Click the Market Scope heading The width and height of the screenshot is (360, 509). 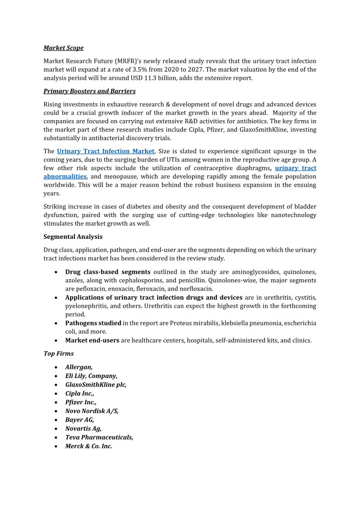click(x=63, y=48)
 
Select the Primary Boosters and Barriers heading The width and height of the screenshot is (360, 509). click(x=89, y=91)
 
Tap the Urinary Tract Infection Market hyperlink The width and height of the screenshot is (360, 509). click(x=106, y=151)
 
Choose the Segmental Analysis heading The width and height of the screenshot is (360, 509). click(x=73, y=237)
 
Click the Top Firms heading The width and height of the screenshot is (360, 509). click(x=58, y=353)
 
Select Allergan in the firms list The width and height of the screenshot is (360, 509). click(x=79, y=367)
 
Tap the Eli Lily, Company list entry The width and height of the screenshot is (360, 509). click(x=91, y=376)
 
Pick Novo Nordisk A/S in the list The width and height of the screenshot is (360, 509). click(x=92, y=411)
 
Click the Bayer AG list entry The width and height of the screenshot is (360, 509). click(x=80, y=420)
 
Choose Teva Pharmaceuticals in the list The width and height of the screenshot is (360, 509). click(x=99, y=437)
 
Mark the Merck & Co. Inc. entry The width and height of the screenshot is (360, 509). click(x=88, y=446)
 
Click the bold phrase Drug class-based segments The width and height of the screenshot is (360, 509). click(x=107, y=272)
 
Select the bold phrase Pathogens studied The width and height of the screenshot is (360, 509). click(x=93, y=323)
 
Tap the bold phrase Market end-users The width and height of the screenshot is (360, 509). click(x=92, y=340)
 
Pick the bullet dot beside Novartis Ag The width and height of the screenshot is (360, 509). click(x=55, y=429)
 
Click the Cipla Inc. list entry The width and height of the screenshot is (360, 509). click(x=80, y=393)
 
